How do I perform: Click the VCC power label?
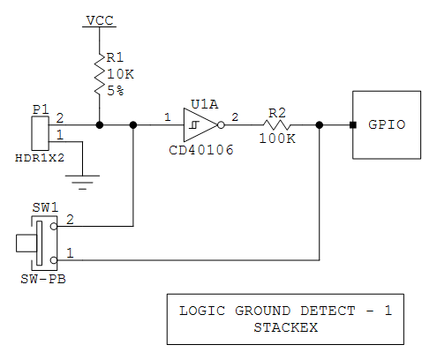click(x=99, y=19)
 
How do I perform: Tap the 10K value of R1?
click(x=119, y=75)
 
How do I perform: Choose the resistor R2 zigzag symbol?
click(x=276, y=125)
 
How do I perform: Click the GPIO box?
click(x=386, y=124)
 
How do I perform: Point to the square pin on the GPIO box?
click(x=352, y=125)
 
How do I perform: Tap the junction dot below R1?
click(x=99, y=125)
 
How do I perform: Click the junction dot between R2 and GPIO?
click(x=319, y=125)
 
